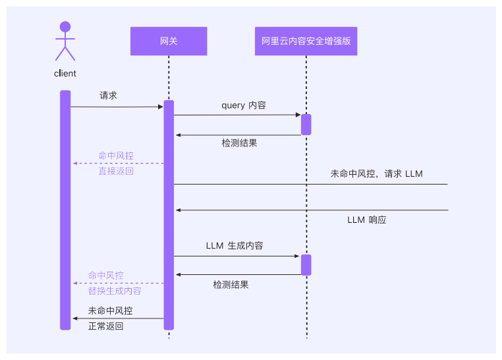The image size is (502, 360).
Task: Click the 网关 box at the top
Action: pos(169,41)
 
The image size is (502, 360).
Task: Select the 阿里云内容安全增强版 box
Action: pos(306,41)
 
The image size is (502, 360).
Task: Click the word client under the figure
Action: pos(65,74)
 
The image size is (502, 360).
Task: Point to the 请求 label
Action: pos(109,96)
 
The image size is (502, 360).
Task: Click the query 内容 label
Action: pos(244,105)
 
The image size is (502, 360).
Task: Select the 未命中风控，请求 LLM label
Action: pos(376,174)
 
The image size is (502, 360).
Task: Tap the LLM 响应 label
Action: pos(366,220)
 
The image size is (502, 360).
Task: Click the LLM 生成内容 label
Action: pos(235,246)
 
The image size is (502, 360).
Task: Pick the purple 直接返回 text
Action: pos(116,171)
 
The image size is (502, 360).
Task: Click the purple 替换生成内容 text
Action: pos(115,291)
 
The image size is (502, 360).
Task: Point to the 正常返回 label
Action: pos(106,326)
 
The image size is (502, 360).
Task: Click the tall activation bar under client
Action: pos(65,210)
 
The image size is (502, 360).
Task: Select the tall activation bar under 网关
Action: pos(169,215)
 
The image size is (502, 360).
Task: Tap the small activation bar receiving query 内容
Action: pos(306,125)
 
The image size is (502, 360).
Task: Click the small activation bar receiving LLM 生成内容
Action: pos(306,264)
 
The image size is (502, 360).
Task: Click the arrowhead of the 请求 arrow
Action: pos(160,106)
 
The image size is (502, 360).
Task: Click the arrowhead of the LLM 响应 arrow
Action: pos(178,210)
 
